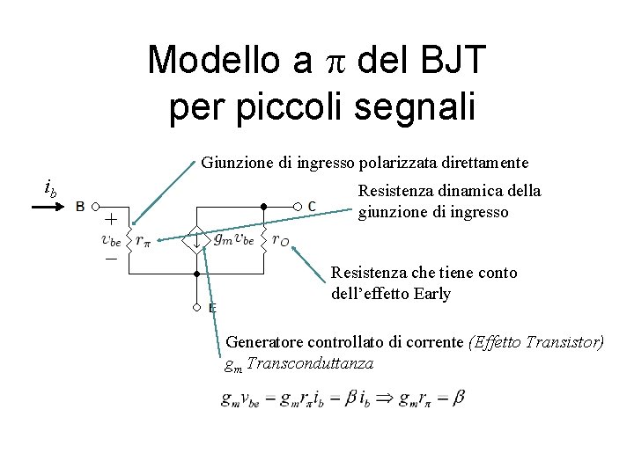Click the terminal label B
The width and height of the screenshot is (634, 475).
pos(80,208)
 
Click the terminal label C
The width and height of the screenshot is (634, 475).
pos(312,206)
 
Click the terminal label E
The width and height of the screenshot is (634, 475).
pos(212,308)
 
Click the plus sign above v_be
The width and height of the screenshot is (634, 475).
pos(112,218)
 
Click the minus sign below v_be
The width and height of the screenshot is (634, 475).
pos(112,259)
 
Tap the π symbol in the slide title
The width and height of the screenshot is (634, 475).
pos(329,60)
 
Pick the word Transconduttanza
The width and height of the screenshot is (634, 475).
pos(311,363)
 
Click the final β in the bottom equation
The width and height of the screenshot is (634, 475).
pos(458,398)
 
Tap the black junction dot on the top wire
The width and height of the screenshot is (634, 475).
pos(263,206)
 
